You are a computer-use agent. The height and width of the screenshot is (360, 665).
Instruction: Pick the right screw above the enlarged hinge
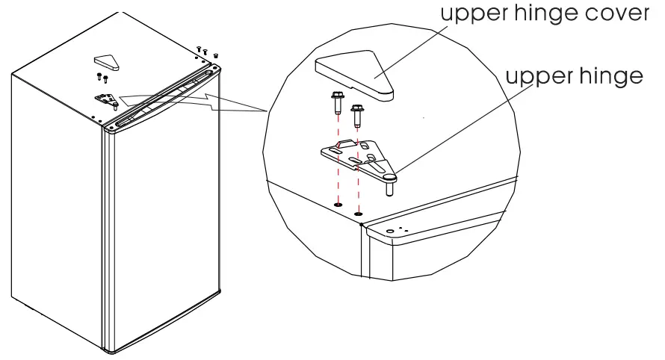(356, 114)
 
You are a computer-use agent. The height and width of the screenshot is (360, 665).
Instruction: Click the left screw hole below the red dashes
(338, 202)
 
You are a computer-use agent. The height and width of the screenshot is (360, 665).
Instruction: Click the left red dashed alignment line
(337, 172)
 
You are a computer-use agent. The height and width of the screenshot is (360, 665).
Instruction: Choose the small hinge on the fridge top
(107, 98)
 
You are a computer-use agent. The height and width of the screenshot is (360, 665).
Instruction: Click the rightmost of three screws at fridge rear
(217, 55)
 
